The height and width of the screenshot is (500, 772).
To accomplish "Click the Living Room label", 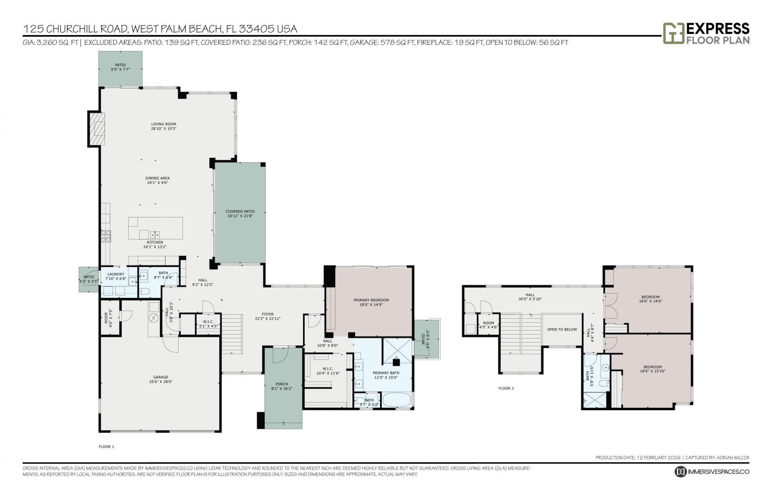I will coord(164,124).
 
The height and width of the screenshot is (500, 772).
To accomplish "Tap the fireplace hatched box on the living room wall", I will coord(96,129).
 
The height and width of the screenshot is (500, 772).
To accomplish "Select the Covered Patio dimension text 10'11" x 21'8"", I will coord(240,216).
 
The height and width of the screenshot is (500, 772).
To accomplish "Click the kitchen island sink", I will coord(155,234).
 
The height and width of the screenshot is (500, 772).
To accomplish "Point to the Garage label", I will coord(160,377).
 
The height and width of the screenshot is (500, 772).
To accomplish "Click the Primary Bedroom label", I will coord(371,300).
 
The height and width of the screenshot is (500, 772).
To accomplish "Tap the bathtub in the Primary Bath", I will coord(396,401).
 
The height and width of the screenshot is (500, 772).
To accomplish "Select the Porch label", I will coord(281,384).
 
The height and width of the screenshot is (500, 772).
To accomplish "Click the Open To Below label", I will coord(562,329).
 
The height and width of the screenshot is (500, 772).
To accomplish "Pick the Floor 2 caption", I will coord(506,388).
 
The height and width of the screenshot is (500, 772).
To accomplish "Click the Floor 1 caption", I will coord(107,446).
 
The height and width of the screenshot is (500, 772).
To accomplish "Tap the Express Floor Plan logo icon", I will coord(673,33).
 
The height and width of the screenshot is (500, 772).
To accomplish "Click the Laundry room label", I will coord(116,274).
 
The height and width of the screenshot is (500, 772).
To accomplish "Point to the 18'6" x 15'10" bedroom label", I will coord(652,367).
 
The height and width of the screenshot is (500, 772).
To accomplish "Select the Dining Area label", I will coord(157,178).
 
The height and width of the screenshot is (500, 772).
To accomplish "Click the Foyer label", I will coord(267,314).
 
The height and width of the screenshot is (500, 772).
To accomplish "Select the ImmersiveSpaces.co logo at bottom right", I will coord(712,471).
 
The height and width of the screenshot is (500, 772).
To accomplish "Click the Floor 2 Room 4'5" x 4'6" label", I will coord(489,323).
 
